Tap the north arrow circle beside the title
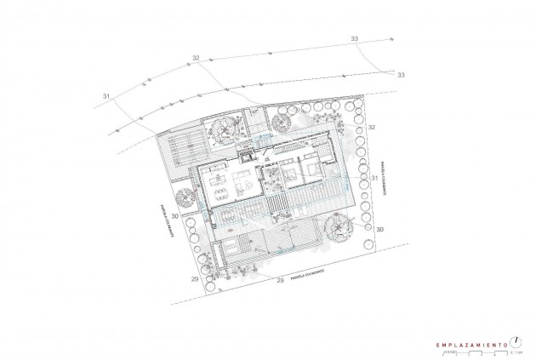516,340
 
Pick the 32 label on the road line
197,58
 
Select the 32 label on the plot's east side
372,127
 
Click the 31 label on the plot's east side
374,178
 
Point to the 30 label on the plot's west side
174,217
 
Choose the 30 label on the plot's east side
380,229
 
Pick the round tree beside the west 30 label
189,220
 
